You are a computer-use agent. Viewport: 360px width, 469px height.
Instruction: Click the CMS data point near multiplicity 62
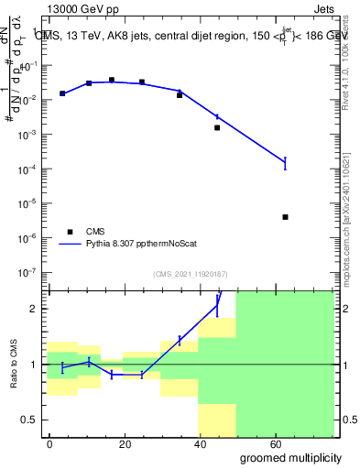tap(286, 217)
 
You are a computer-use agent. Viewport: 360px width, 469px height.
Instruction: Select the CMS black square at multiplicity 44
tap(217, 127)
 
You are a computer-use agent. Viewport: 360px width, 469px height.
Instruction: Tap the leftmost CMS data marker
tap(62, 93)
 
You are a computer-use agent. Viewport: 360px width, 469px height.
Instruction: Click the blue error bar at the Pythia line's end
tap(286, 163)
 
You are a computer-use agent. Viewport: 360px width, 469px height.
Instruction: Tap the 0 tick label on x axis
tap(49, 442)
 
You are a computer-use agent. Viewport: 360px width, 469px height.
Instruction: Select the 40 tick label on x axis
tap(202, 442)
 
